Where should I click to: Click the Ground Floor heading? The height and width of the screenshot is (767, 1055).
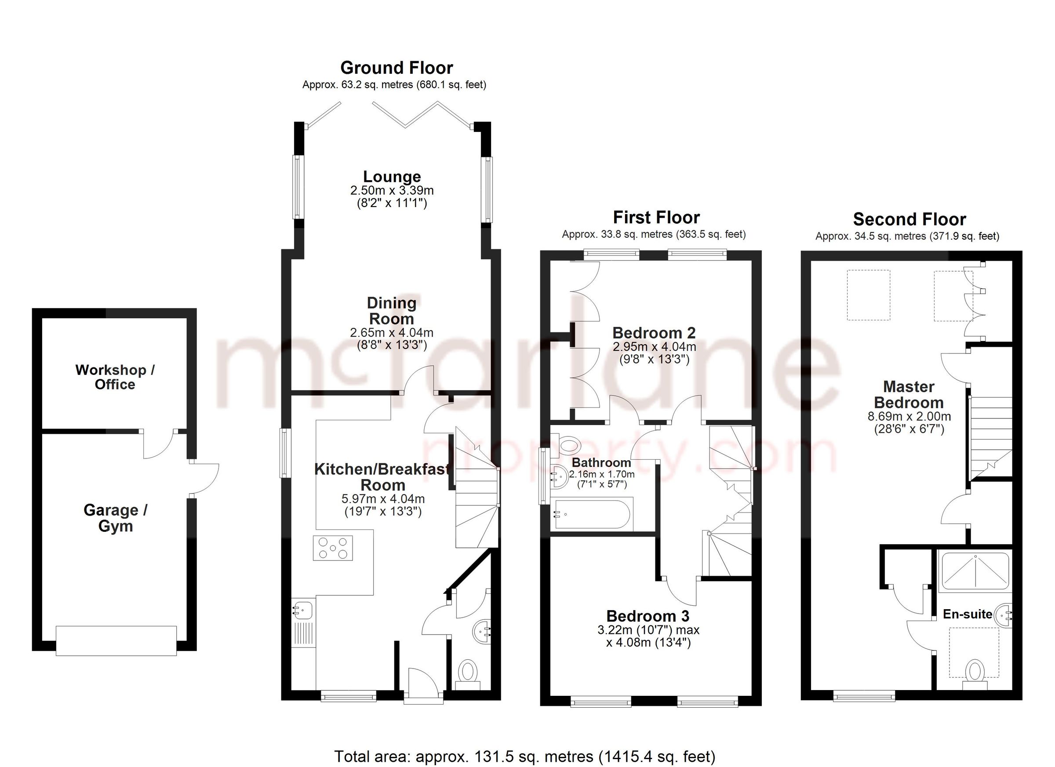397,68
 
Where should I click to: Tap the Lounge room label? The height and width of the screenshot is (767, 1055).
392,177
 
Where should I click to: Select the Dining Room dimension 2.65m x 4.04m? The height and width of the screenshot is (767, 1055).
391,333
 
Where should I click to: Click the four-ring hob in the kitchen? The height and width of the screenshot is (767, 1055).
333,548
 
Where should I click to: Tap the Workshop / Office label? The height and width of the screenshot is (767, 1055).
115,377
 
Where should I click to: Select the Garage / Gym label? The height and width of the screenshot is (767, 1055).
115,518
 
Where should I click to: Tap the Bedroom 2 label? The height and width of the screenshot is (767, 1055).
654,333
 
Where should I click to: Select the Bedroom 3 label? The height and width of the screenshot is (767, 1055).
648,616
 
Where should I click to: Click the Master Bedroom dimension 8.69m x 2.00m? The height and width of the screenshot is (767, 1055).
909,417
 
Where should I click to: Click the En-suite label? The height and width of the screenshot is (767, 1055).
968,614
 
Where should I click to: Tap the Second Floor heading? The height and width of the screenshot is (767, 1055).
909,219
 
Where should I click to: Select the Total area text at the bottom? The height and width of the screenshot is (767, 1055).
524,757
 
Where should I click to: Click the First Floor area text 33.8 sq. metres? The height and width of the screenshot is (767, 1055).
654,234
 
